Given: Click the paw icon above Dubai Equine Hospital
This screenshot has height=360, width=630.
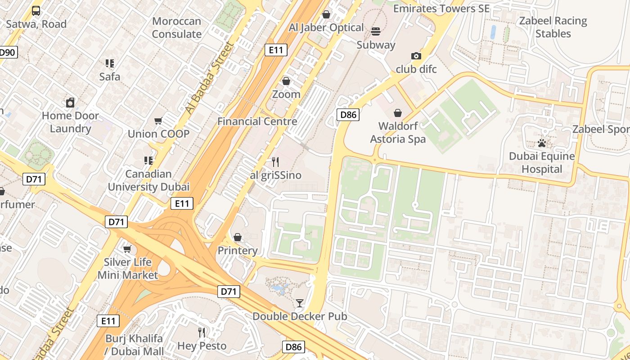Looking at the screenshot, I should tap(542, 143).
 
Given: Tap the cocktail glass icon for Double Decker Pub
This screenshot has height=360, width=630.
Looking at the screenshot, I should tap(300, 303).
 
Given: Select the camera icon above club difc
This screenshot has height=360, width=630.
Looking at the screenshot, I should tap(416, 56).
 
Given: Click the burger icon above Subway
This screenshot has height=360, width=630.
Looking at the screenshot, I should tap(376, 31).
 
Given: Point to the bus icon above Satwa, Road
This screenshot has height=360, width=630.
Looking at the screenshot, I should tap(36, 11).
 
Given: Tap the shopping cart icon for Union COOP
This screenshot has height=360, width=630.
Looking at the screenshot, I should tap(158, 121).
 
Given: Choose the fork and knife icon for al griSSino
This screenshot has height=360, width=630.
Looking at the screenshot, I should tap(275, 162).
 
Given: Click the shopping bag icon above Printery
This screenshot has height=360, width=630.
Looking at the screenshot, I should tap(238, 237).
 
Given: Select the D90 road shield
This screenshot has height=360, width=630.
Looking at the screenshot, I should tap(7, 53).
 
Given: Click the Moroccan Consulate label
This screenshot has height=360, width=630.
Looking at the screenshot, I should tap(176, 27).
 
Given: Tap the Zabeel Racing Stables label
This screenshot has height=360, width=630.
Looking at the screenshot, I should tap(553, 27).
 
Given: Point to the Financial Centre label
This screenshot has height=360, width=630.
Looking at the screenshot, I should tap(257, 121).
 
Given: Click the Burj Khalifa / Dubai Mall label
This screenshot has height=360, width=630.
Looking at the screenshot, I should tap(135, 344).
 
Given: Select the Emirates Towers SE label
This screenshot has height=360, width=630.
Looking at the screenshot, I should tap(441, 9).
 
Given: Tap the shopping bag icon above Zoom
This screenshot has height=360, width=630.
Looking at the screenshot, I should tap(286, 81).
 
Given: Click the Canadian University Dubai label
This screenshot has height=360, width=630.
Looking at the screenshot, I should tap(148, 180).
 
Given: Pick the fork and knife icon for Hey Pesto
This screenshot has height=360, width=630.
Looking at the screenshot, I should tap(202, 333).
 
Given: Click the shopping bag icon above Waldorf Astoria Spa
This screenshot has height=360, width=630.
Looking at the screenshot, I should tap(398, 112).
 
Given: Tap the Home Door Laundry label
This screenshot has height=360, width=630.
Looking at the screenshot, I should tap(70, 122).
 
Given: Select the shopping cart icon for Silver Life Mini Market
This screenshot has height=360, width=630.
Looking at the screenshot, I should tap(127, 249).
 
